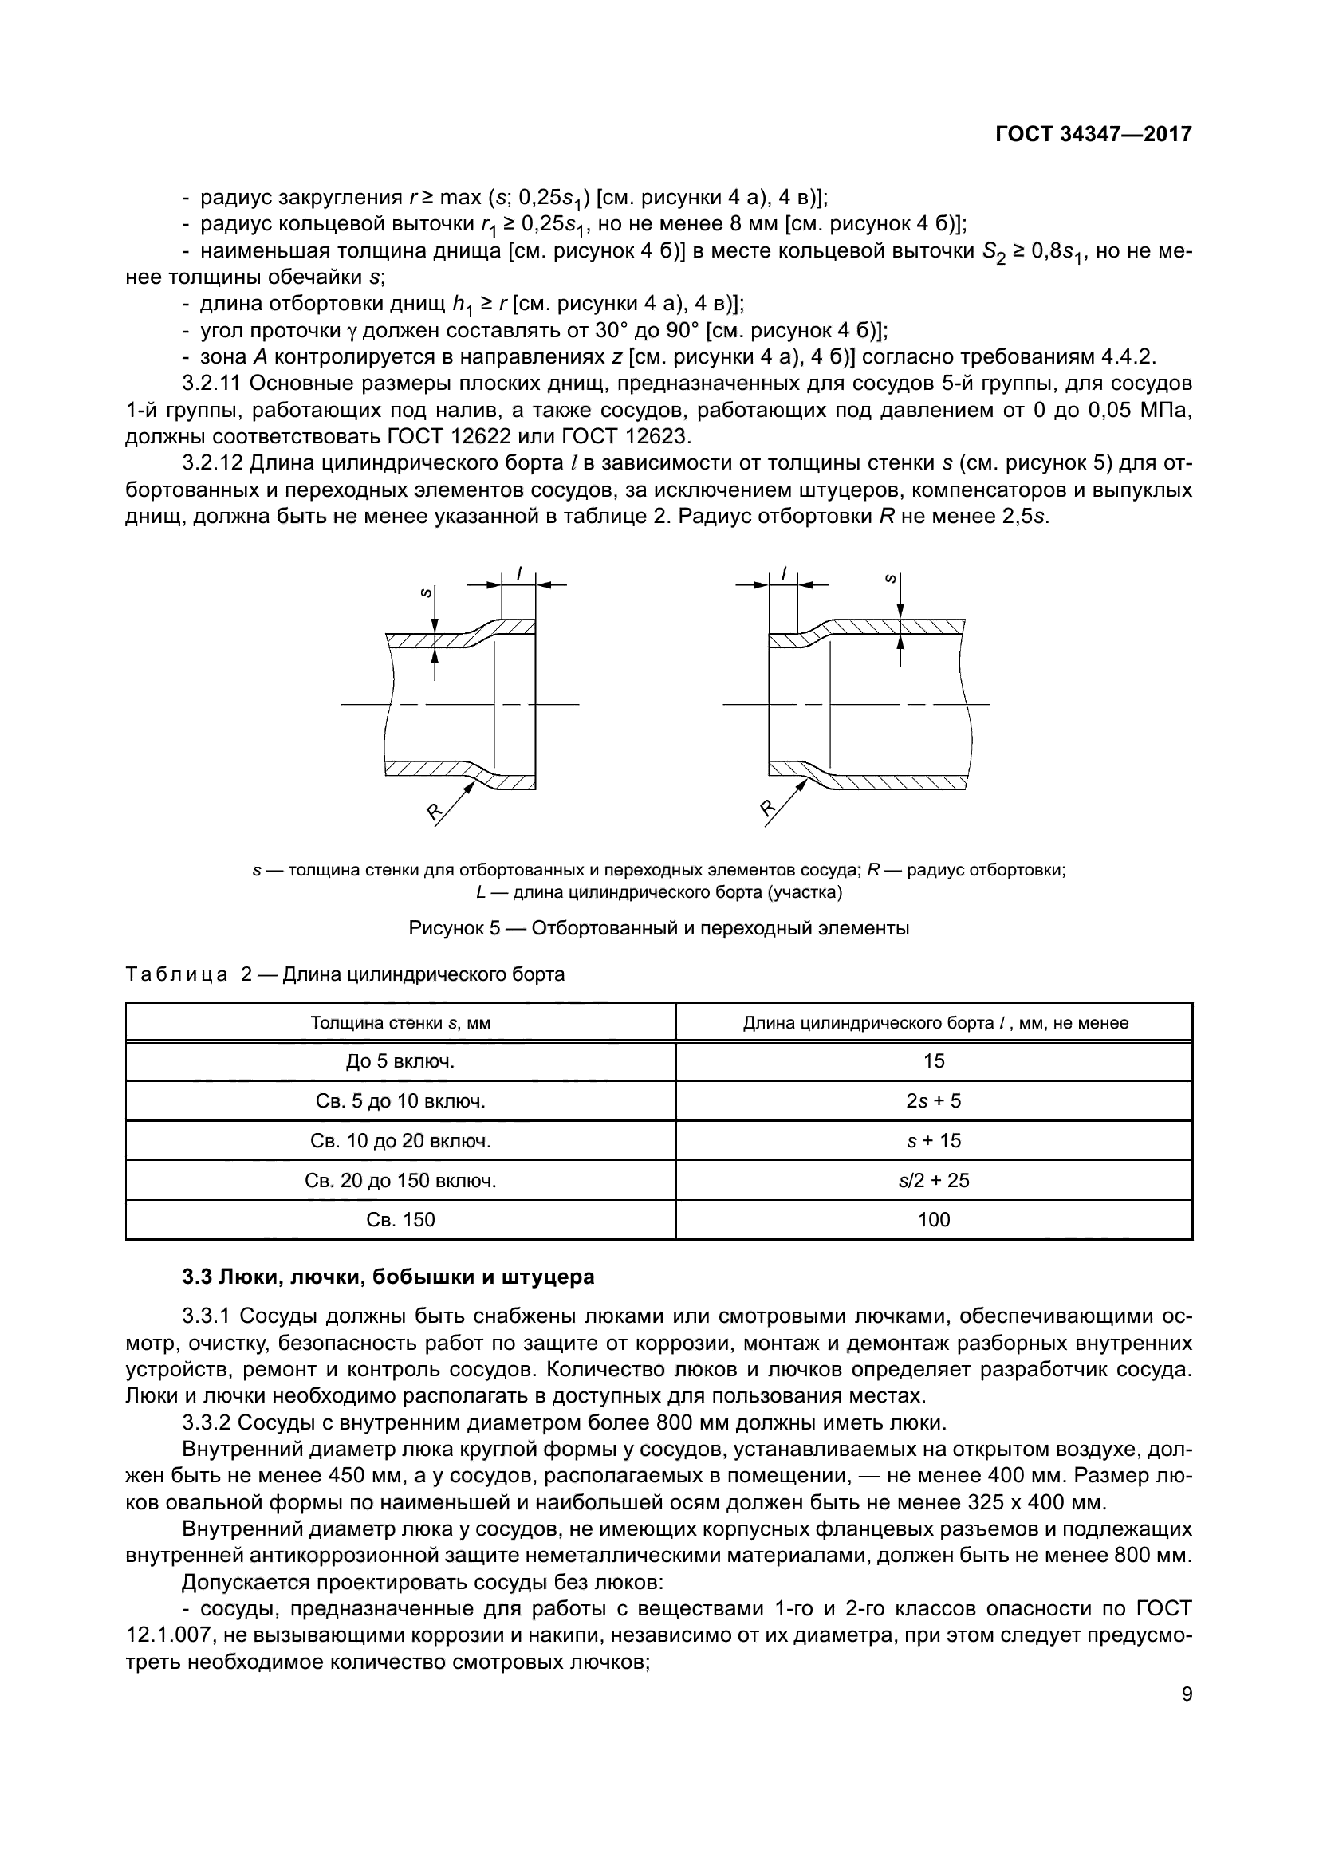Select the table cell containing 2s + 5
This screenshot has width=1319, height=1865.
pos(933,1100)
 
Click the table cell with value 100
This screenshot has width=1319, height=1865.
pos(933,1219)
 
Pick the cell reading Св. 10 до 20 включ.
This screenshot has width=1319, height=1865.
pos(400,1140)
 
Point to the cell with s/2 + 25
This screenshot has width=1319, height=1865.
pos(933,1179)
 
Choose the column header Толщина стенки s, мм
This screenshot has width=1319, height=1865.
pos(400,1023)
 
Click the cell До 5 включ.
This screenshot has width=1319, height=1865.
pos(400,1060)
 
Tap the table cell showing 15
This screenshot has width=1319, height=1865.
pos(933,1060)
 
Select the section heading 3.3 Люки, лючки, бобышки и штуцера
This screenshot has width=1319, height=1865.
pos(388,1276)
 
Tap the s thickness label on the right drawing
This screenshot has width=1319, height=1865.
pos(890,579)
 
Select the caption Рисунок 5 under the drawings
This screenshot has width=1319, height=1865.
pos(659,927)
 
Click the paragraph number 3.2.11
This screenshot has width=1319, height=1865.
pos(211,383)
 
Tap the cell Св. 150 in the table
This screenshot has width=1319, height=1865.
pos(400,1219)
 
